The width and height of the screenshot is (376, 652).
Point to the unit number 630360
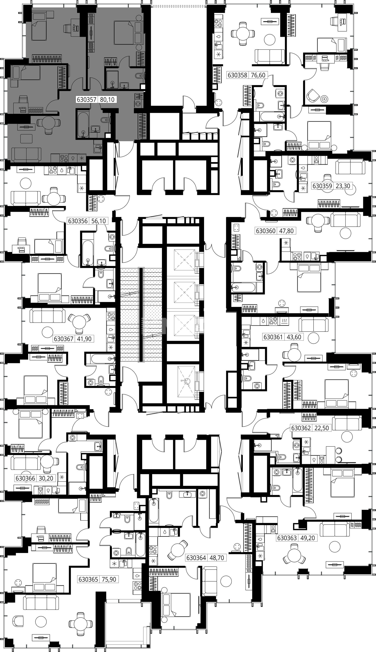pyautogui.click(x=266, y=231)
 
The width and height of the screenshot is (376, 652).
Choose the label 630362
pyautogui.click(x=301, y=428)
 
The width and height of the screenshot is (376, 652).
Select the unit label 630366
pyautogui.click(x=25, y=478)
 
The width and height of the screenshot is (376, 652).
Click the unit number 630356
pyautogui.click(x=78, y=221)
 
